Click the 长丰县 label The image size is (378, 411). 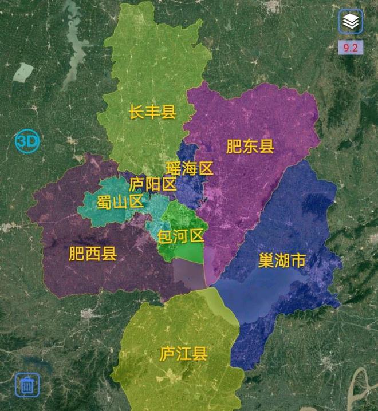152,112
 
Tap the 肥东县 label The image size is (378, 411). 250,147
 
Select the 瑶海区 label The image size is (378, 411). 190,168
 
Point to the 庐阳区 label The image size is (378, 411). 152,184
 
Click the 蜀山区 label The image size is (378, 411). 120,201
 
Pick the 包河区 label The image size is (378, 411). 181,235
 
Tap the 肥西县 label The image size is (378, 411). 93,254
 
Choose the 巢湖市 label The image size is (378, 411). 281,262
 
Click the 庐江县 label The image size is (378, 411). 183,354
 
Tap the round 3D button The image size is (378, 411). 27,142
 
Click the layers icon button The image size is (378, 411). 351,22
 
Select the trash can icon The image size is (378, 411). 27,385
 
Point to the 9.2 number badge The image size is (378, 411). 351,48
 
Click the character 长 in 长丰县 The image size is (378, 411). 136,112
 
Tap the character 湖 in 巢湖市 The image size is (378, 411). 281,262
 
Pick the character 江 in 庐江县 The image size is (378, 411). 183,354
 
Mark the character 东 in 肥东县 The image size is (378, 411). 250,147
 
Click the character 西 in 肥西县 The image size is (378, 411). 93,254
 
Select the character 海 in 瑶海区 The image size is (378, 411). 190,168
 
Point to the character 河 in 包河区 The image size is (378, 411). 181,235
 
